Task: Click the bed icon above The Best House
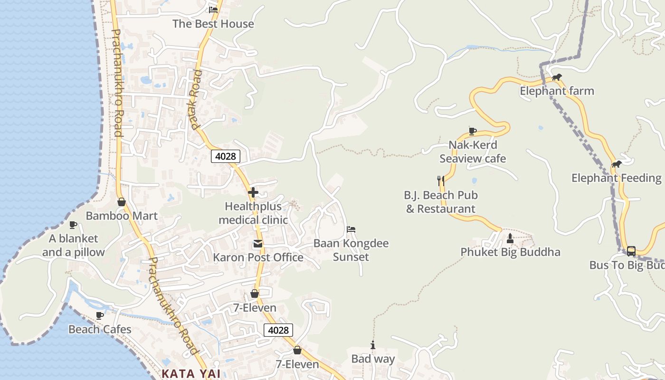coord(213,9)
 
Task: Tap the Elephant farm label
coord(557,91)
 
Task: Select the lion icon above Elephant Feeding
coord(617,164)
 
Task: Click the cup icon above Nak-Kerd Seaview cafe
coord(472,131)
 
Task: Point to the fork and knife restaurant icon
coord(441,180)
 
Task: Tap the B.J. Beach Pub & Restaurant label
coord(441,202)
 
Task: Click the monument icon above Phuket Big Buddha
coord(510,238)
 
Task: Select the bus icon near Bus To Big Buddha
coord(631,251)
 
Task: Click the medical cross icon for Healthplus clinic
coord(253,192)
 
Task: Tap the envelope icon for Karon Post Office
coord(257,244)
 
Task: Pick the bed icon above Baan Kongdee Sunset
coord(351,229)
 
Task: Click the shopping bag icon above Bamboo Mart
coord(122,202)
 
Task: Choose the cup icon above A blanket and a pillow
coord(73,225)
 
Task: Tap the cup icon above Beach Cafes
coord(100,315)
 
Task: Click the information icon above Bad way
coord(373,345)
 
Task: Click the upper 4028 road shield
coord(226,156)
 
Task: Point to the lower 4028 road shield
coord(278,330)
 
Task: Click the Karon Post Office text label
coord(258,257)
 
